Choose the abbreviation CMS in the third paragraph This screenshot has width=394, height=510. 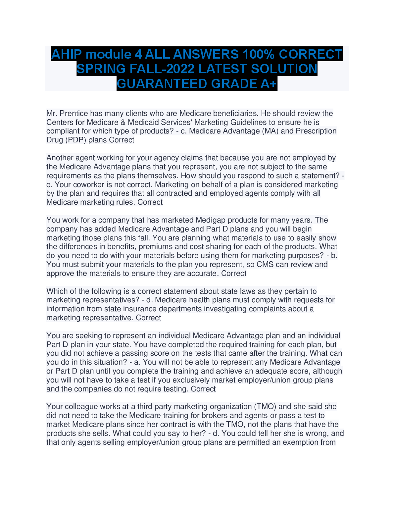tap(265, 265)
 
